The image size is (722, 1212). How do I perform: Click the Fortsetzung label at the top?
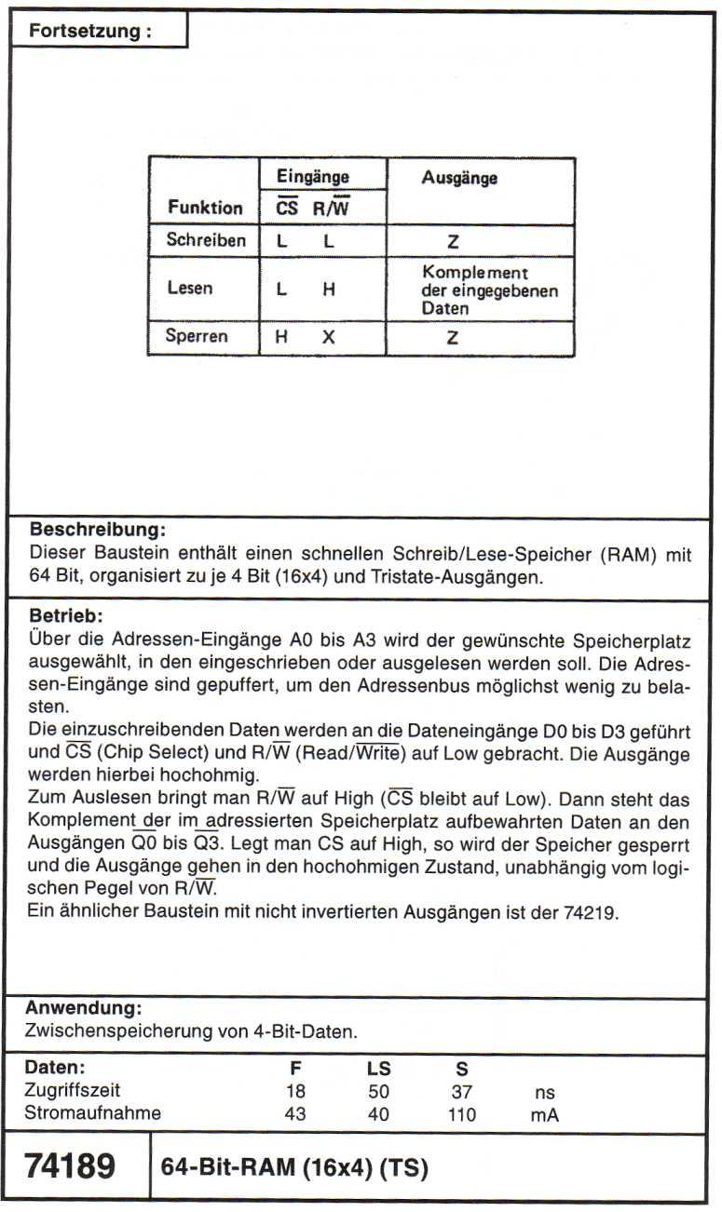coord(89,31)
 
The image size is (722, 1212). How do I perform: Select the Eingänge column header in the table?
coord(312,176)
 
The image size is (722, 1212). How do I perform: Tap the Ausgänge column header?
coord(459,178)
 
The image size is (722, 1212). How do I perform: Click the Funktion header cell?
coord(205,208)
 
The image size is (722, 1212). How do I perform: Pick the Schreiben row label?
coord(206,240)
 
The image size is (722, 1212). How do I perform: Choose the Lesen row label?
coord(190,289)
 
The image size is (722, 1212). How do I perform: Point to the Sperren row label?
coord(197,336)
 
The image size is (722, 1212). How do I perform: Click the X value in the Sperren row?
coord(328,337)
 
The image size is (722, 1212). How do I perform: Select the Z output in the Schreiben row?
coord(453,241)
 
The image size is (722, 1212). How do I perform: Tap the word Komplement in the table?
coord(475,273)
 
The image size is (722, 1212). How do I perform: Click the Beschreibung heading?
coord(98,531)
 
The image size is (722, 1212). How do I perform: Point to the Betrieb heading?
coord(66,616)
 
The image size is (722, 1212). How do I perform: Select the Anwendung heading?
coord(84,1008)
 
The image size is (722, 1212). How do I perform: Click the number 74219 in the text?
coord(591,912)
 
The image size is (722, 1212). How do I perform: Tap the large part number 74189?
coord(70,1166)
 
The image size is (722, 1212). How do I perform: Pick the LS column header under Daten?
coord(378,1069)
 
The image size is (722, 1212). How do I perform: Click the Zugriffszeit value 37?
coord(461,1092)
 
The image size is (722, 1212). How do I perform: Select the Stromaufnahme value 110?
coord(461,1114)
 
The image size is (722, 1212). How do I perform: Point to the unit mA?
coord(544,1115)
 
